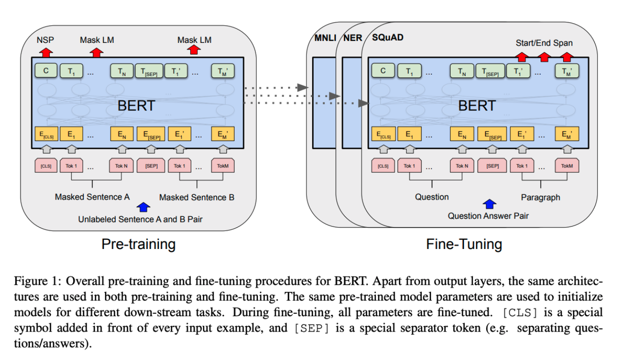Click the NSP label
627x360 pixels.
(x=45, y=40)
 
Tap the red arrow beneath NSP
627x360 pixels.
(x=46, y=53)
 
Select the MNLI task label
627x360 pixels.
(x=325, y=38)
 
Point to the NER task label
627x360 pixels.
(x=353, y=38)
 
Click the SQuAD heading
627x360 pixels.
(x=388, y=37)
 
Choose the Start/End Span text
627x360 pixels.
(x=544, y=43)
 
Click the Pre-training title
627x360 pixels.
(x=139, y=244)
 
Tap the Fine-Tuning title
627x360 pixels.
(x=464, y=244)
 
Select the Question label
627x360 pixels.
(x=432, y=197)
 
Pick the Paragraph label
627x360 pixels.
(x=541, y=197)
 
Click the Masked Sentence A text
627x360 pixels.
(x=92, y=197)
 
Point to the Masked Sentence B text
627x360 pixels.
(x=197, y=197)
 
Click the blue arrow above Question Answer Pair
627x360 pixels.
(x=489, y=204)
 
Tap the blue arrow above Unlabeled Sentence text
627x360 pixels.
(x=143, y=207)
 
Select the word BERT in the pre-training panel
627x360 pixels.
(x=136, y=106)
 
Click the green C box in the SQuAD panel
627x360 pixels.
(x=383, y=70)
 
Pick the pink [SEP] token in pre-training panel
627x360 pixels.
(x=151, y=166)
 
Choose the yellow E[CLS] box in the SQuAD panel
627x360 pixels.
(x=383, y=134)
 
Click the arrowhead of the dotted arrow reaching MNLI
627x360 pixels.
(x=303, y=88)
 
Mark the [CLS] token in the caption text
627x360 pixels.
(x=520, y=312)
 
